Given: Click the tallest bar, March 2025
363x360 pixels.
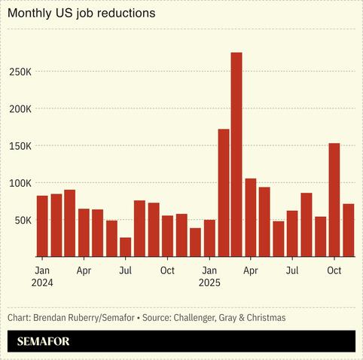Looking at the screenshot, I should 236,154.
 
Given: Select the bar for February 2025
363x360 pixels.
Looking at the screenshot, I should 224,193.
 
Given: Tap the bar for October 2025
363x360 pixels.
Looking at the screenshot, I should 334,200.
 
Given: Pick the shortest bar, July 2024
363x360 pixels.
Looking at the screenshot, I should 125,247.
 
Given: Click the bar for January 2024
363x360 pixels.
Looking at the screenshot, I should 42,226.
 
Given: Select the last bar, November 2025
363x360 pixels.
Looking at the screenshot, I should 348,230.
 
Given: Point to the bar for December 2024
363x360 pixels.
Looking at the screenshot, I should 195,242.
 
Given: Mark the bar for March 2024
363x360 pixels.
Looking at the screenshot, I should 70,223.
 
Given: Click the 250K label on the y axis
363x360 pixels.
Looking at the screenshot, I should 20,72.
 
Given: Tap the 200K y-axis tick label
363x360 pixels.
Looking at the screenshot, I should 20,108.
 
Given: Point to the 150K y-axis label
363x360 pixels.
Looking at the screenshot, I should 20,145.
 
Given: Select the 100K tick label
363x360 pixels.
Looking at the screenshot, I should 20,183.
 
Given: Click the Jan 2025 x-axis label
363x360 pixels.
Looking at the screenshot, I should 209,276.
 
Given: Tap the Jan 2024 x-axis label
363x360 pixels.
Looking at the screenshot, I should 43,276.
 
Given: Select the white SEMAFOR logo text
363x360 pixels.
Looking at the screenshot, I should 44,341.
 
